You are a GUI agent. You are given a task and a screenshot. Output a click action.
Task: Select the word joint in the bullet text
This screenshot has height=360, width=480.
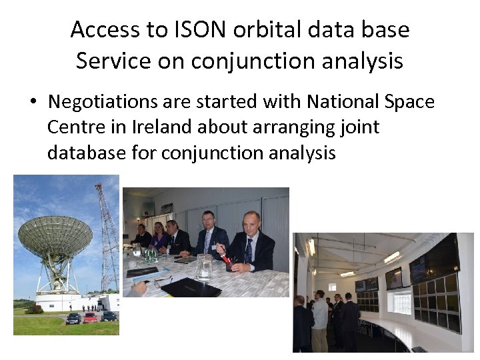359,127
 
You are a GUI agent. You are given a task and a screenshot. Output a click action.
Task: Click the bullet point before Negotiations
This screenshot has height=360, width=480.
32,103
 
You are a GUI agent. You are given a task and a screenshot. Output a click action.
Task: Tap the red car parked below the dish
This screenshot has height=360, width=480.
90,317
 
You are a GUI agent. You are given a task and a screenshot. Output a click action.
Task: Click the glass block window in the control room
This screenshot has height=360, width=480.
400,303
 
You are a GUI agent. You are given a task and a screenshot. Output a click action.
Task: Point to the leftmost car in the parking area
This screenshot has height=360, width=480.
73,318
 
